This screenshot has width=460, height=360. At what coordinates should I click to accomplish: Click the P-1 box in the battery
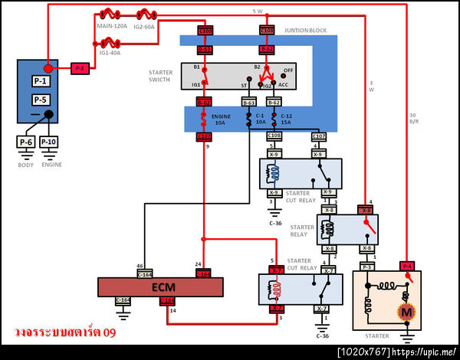tap(40, 81)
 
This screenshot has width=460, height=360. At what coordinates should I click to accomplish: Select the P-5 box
tap(40, 100)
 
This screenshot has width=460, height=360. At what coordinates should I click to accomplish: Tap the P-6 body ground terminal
tap(26, 142)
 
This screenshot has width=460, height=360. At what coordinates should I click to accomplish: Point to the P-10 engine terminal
tap(48, 142)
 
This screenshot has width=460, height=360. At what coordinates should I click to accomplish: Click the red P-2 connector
tap(80, 68)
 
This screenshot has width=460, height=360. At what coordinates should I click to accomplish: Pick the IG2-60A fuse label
tap(144, 26)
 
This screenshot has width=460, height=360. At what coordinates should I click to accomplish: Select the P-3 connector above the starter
tap(367, 267)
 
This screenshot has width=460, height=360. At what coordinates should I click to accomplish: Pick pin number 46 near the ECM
tap(140, 265)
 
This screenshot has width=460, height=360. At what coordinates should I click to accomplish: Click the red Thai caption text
tap(64, 333)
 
